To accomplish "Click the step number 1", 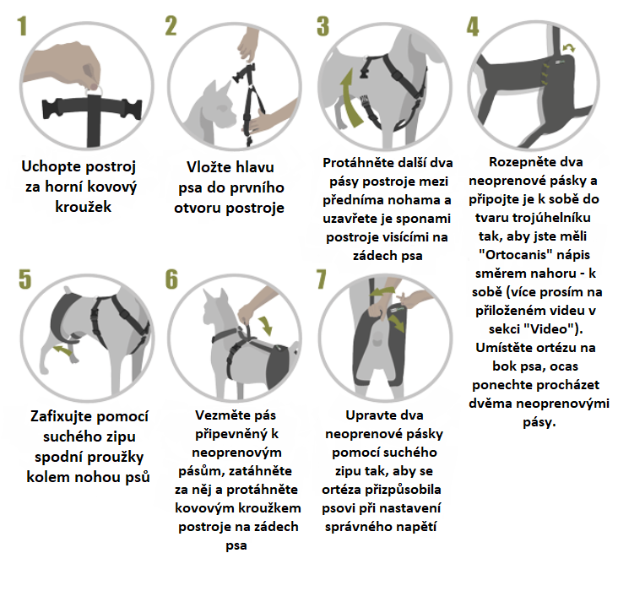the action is [22, 25].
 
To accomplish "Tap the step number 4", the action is [473, 26].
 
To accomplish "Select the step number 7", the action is [322, 279].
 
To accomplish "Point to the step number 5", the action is [24, 279].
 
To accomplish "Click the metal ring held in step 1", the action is [94, 89].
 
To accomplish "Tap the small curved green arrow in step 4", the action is [568, 48].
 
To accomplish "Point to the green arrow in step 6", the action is [266, 325].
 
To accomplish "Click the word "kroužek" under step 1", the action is [84, 207].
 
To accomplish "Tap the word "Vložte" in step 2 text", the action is [208, 167].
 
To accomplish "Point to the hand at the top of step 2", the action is [247, 43].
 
